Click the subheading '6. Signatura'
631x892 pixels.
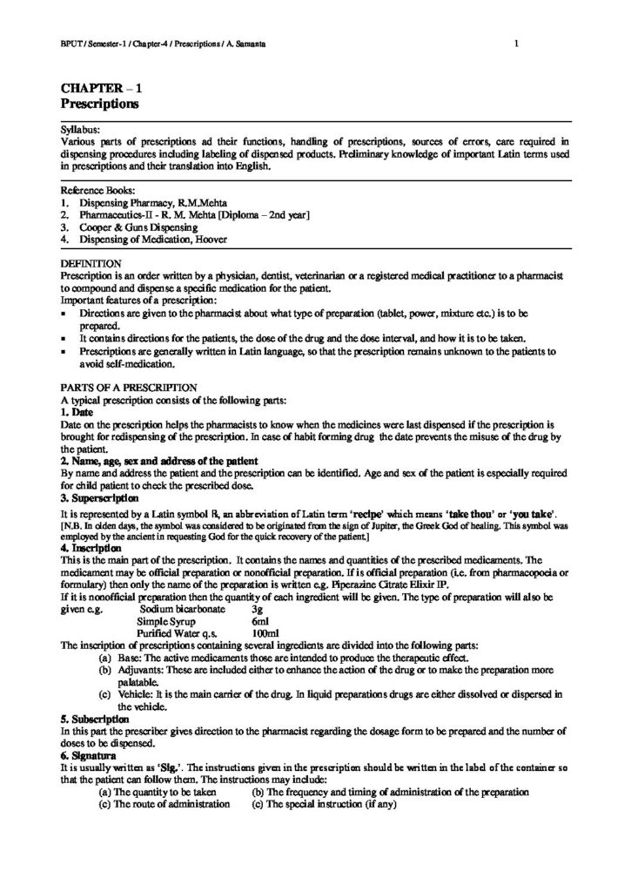[x=91, y=757]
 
